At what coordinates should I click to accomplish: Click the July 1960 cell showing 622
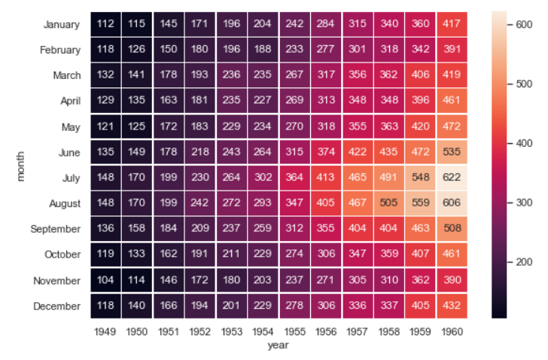pos(452,178)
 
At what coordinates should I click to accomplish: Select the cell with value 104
pos(104,280)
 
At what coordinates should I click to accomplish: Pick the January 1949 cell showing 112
pos(104,24)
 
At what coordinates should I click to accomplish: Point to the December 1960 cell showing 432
pos(452,306)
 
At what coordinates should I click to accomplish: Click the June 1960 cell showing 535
pos(452,152)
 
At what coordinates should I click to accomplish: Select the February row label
pos(60,50)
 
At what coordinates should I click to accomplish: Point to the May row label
pos(71,127)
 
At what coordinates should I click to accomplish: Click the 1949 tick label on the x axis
pos(104,331)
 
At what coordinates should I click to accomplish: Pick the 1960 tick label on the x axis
pos(452,331)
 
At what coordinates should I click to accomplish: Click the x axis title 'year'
pos(278,345)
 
